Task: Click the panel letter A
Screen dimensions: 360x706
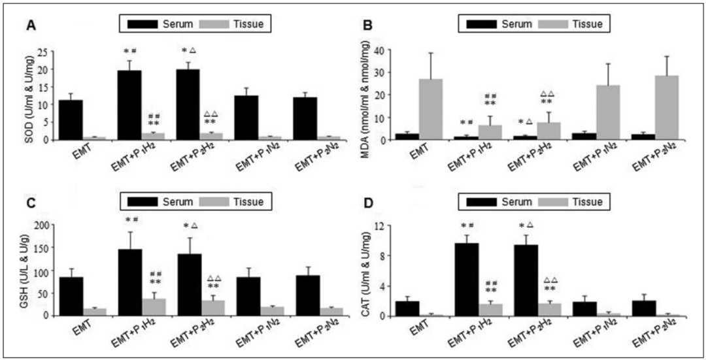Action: click(30, 26)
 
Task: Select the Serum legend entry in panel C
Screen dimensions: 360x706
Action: click(169, 202)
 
